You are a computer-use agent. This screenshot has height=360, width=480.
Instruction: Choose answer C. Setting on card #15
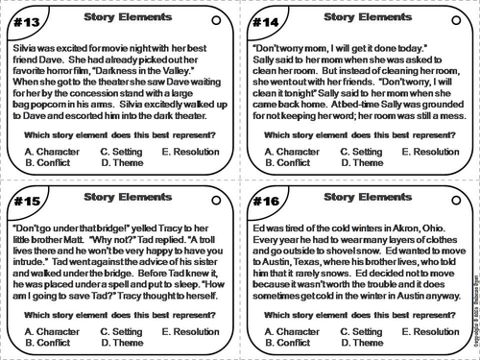tap(124, 332)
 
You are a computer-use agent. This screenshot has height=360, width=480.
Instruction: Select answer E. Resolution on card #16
tap(430, 332)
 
